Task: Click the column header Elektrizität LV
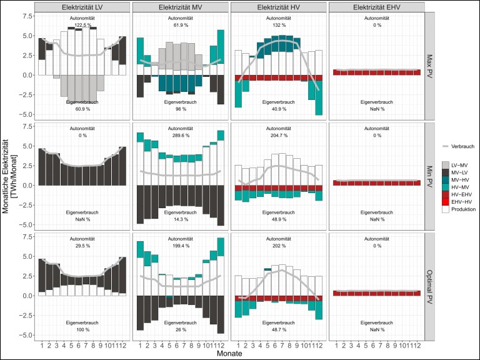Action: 82,6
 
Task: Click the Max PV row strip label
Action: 431,65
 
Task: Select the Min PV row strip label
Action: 431,175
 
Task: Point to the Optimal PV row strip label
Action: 431,285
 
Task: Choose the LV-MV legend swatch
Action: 446,164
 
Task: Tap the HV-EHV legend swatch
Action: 446,194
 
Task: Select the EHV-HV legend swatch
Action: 446,201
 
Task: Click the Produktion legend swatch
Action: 446,209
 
